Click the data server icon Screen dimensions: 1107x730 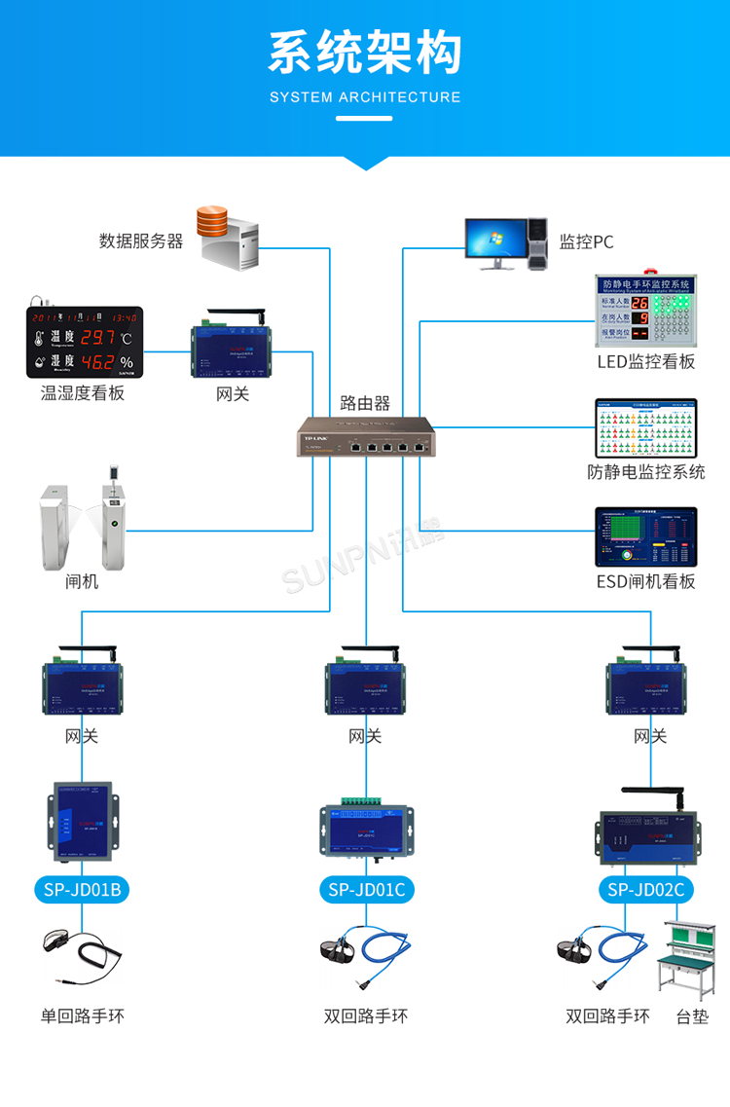[x=229, y=238]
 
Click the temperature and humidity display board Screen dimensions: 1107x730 [x=84, y=342]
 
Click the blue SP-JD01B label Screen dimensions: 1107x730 [x=82, y=889]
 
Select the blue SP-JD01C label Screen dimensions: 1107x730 [x=366, y=889]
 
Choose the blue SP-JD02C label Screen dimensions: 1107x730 [x=646, y=889]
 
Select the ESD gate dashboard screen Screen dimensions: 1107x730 [x=646, y=536]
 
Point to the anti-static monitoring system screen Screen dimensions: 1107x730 [x=646, y=427]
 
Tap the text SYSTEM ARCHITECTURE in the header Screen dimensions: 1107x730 [x=365, y=97]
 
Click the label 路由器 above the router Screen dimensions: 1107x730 [x=365, y=402]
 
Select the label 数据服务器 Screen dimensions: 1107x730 [x=141, y=240]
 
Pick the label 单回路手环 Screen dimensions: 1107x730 [x=83, y=1016]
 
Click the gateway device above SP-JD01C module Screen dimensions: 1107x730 [x=366, y=683]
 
